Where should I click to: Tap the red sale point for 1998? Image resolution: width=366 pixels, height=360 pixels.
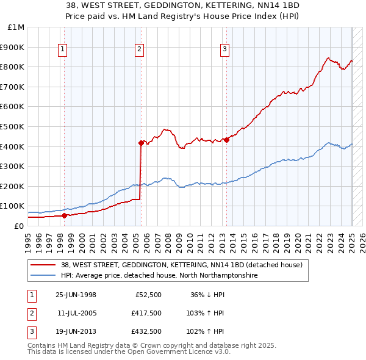click(x=64, y=215)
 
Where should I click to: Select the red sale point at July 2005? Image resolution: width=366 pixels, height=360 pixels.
click(x=140, y=143)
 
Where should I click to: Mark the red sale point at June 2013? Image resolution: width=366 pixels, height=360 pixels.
click(x=226, y=140)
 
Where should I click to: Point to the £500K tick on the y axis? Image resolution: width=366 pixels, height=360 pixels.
click(x=15, y=126)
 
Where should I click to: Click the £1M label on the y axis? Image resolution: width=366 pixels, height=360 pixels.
click(x=16, y=27)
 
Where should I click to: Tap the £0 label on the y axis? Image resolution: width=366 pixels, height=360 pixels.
click(x=19, y=226)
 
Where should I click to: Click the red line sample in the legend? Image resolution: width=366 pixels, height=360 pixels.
click(x=43, y=265)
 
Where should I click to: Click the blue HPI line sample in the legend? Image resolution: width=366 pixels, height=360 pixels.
click(x=43, y=276)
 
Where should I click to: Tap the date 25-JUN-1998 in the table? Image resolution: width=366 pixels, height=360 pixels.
click(x=76, y=295)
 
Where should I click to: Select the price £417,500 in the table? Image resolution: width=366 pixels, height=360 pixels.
click(x=146, y=312)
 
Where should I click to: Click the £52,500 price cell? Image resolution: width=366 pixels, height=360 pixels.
click(x=148, y=295)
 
